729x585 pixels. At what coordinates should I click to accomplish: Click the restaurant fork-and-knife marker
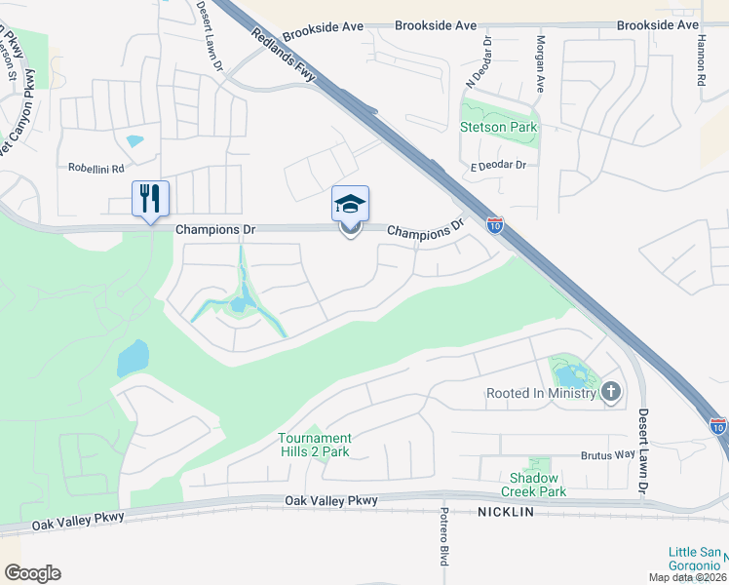[x=150, y=199]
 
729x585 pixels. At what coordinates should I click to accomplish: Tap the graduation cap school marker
[x=350, y=205]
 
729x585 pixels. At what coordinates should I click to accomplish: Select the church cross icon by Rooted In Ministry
[x=611, y=392]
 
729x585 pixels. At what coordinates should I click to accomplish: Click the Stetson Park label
[x=499, y=128]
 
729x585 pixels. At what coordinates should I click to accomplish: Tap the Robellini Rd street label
[x=96, y=168]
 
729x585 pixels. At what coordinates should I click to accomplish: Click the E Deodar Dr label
[x=499, y=166]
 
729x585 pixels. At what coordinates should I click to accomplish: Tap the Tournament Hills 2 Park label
[x=315, y=445]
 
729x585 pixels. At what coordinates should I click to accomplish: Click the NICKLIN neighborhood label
[x=506, y=512]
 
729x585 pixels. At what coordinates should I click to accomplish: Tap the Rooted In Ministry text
[x=541, y=393]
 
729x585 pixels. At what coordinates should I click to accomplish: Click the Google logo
[x=32, y=573]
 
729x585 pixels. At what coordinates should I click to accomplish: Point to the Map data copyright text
[x=688, y=577]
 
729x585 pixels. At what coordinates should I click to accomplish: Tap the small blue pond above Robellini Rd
[x=134, y=140]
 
